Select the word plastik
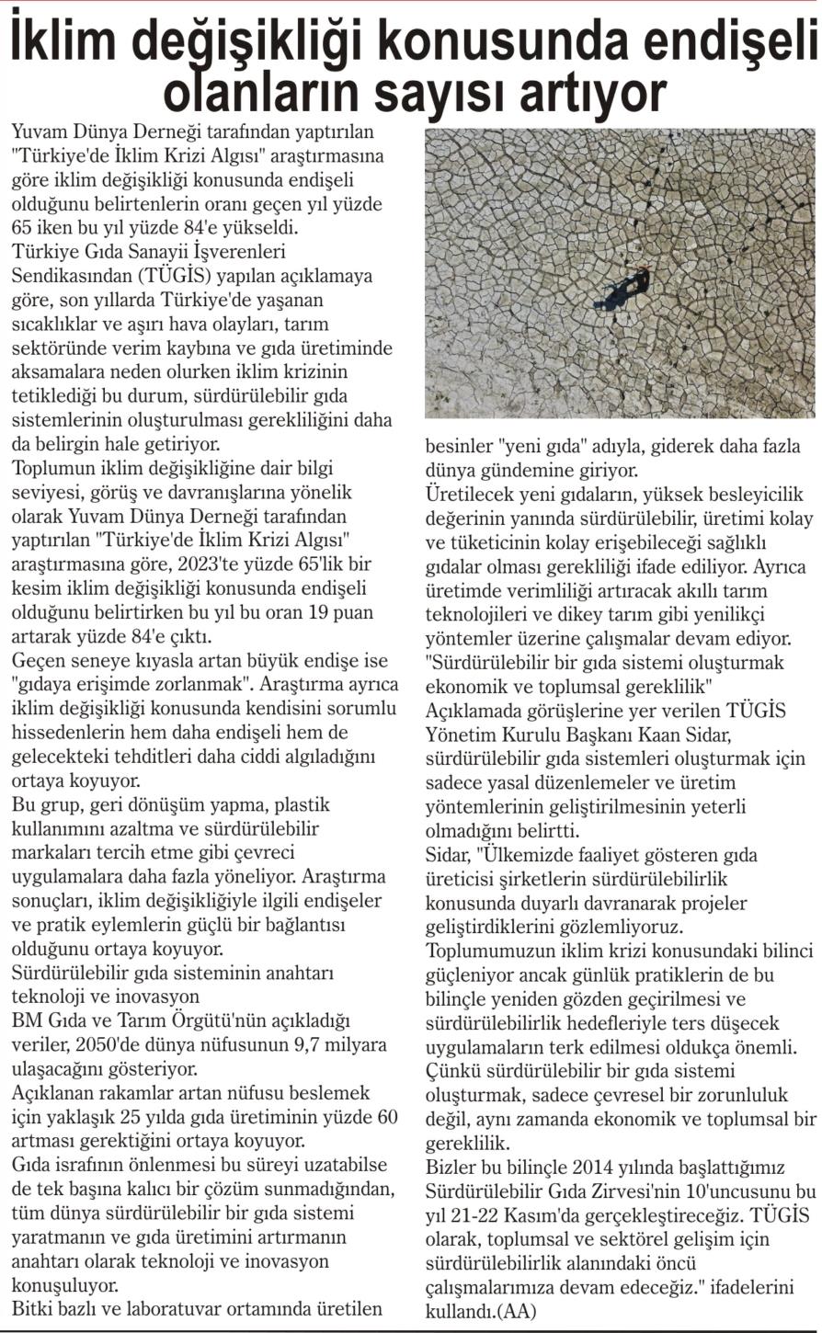(300, 805)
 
